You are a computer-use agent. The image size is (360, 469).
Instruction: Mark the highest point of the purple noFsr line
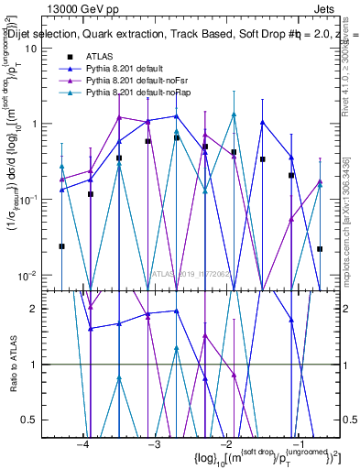[x=119, y=117]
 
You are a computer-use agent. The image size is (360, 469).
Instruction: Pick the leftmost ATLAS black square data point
[x=61, y=246]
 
